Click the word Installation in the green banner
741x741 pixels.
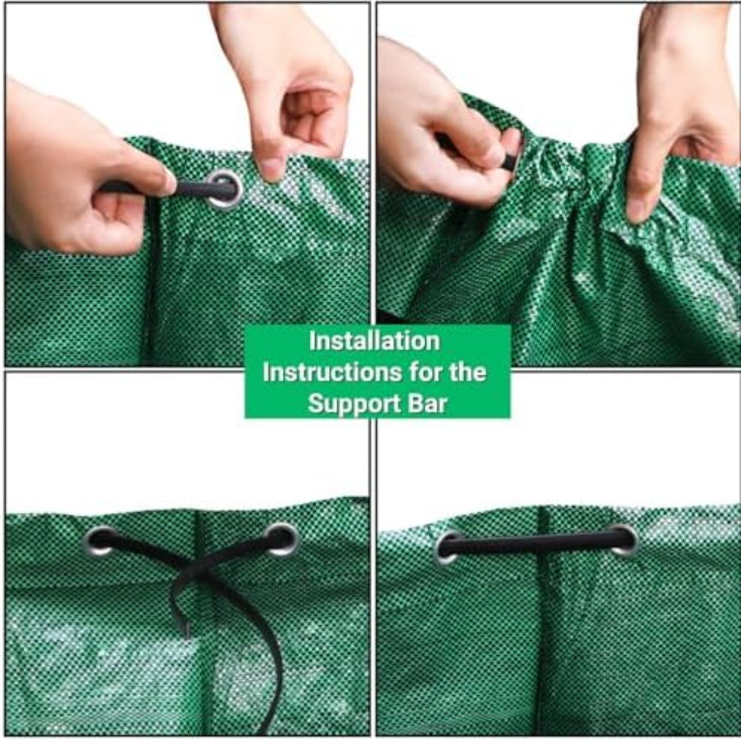point(374,341)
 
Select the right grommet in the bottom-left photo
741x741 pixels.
point(282,539)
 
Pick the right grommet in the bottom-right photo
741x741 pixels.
point(623,539)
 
